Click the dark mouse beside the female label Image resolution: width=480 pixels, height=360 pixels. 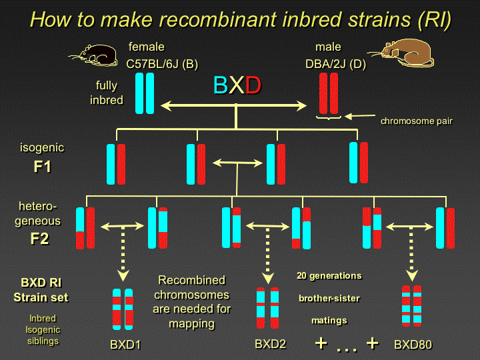tap(97, 55)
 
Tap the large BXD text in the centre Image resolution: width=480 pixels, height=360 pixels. tap(237, 86)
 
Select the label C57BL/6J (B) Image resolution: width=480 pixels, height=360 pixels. tap(162, 64)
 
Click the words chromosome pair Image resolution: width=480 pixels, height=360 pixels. tap(417, 121)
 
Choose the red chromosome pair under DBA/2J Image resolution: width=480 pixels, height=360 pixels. tap(329, 93)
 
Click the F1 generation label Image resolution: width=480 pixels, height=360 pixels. tap(41, 167)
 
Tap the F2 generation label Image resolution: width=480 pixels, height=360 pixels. tap(39, 238)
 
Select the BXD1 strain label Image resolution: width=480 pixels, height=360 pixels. tap(126, 345)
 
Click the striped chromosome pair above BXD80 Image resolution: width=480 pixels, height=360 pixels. tap(411, 305)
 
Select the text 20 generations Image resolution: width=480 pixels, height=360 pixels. tap(329, 275)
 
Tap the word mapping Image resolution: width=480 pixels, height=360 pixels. tap(191, 323)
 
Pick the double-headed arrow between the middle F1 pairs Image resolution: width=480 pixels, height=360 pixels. tap(237, 162)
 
